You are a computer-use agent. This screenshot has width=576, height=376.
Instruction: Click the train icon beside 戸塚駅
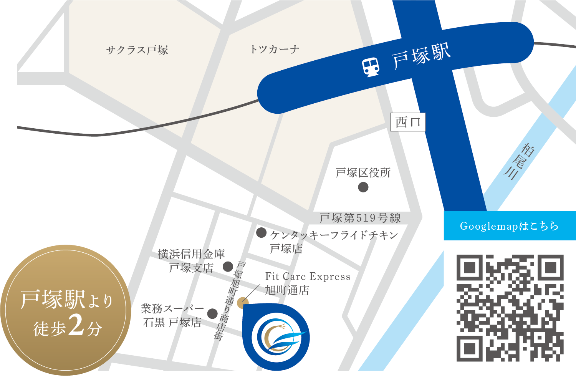371,67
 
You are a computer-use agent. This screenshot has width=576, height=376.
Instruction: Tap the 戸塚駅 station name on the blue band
421,57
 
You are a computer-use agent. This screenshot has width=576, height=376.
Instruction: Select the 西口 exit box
408,122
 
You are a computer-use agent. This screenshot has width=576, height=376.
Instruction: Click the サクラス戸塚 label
137,50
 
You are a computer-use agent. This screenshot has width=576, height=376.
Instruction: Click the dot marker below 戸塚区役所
363,187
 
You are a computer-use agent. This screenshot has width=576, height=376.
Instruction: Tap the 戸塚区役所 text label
363,173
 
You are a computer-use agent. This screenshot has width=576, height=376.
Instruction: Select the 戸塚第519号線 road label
360,218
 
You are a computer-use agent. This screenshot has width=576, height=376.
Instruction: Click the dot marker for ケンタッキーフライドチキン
262,232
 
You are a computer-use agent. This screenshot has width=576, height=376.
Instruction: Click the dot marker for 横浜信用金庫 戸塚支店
228,266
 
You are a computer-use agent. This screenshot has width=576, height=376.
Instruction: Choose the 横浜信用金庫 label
191,254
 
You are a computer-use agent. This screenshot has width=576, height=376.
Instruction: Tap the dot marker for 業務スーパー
212,314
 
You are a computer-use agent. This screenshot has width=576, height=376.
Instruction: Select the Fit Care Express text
308,277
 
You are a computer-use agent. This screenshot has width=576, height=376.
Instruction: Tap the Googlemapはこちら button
510,226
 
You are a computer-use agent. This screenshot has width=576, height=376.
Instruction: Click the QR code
510,308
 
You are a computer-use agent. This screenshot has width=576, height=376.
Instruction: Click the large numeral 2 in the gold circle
77,326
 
